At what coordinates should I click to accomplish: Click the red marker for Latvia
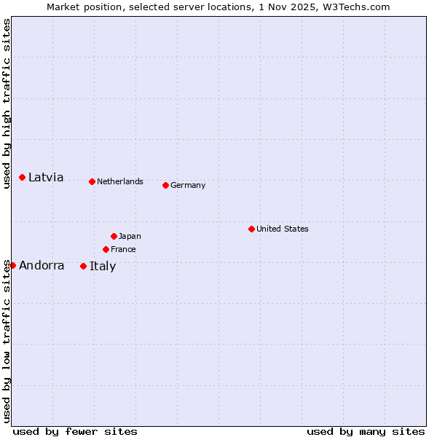23,178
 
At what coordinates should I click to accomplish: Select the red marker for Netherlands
92,181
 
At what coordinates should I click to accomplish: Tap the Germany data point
166,185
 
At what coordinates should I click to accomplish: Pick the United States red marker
252,229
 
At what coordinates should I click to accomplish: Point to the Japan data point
114,236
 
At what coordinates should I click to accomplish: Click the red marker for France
106,249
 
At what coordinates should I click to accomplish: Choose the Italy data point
84,266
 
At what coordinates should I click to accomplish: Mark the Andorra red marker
12,265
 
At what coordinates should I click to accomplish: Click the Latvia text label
46,178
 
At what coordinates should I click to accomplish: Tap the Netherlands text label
120,181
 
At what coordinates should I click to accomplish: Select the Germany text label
188,185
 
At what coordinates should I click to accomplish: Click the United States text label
283,229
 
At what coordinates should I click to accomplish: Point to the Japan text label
130,236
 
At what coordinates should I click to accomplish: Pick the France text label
124,249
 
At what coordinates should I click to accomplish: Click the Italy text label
103,266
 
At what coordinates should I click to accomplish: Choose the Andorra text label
42,266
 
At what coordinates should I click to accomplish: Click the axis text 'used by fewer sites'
75,431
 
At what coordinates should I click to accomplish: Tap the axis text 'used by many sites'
366,431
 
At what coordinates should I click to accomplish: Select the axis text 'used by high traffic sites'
7,103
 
